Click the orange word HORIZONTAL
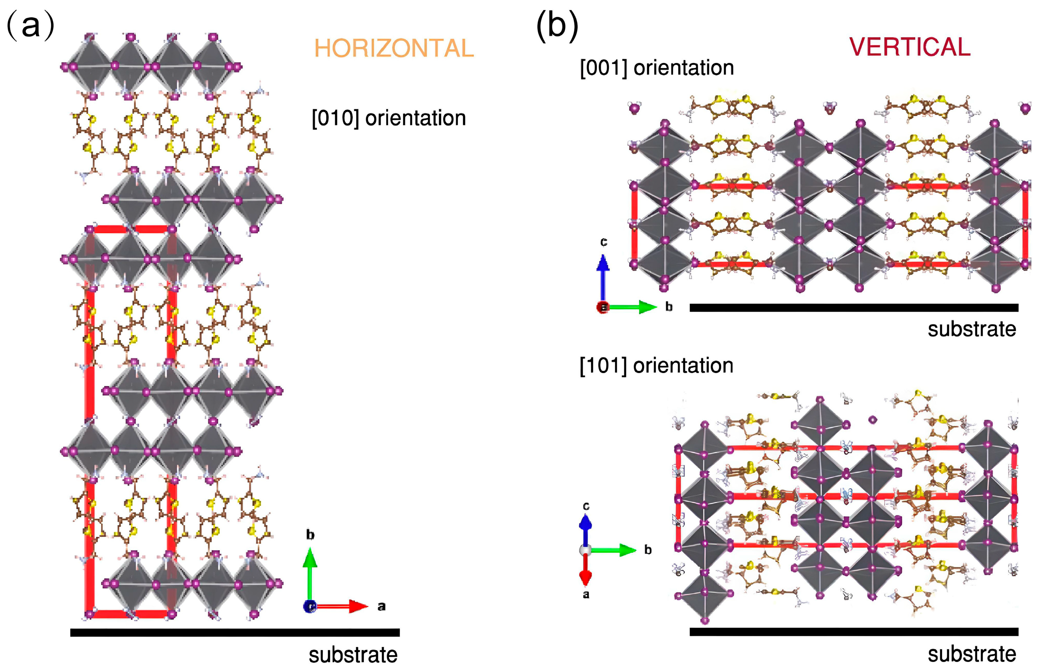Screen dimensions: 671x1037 click(x=393, y=48)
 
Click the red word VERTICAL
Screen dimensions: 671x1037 click(x=910, y=47)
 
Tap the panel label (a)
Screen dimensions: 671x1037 click(x=31, y=25)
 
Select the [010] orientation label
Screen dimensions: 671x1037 click(x=388, y=118)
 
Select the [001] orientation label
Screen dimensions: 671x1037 click(x=657, y=68)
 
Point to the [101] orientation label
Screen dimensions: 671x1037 click(x=656, y=365)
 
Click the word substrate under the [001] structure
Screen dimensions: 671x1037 click(x=972, y=329)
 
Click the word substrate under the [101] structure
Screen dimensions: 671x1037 click(x=972, y=654)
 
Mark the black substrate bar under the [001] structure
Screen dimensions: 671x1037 click(x=854, y=308)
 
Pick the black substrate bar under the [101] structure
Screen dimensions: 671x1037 click(x=854, y=632)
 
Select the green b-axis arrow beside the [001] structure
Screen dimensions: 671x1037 click(x=632, y=307)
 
